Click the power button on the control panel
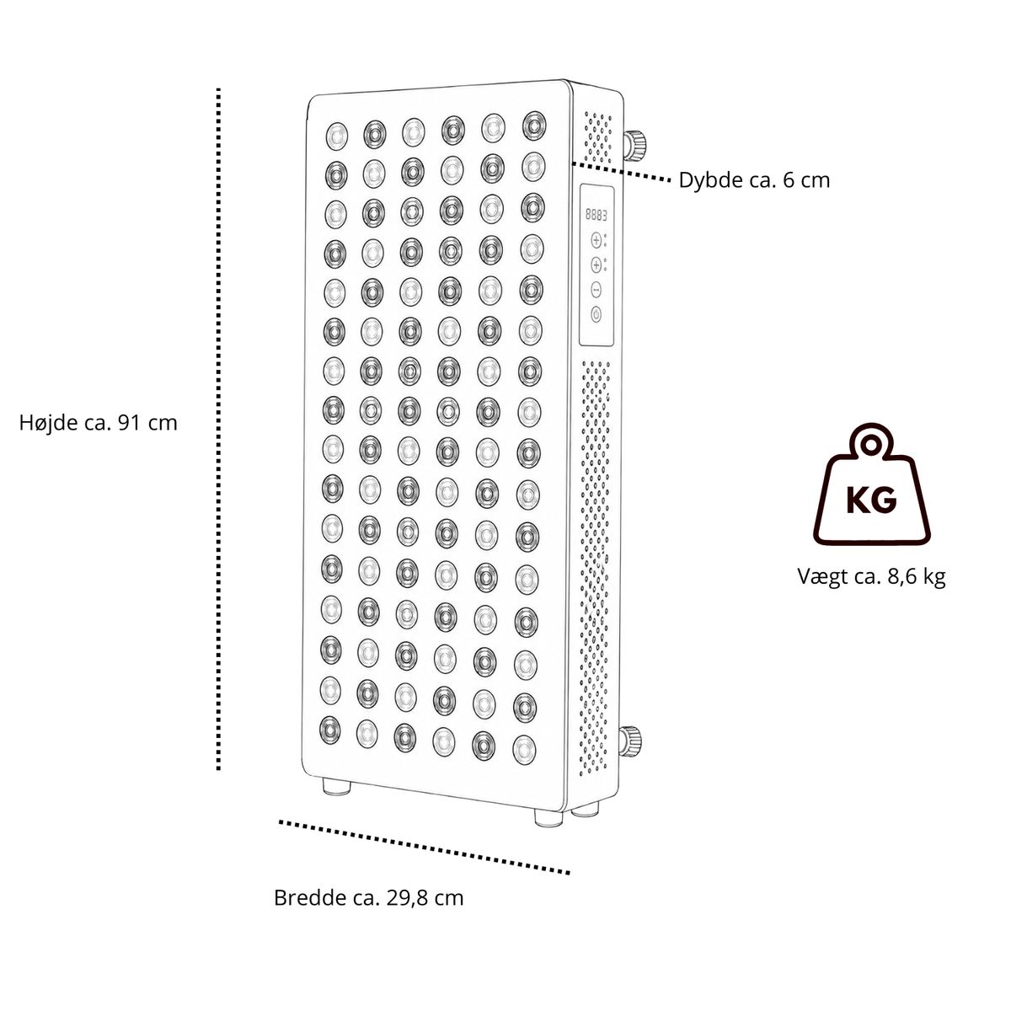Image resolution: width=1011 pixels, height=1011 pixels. (x=596, y=315)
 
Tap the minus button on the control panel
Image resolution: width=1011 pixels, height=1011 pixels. (x=596, y=289)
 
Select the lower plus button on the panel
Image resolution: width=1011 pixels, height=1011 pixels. (x=596, y=265)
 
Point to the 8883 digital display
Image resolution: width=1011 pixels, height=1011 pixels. (x=596, y=215)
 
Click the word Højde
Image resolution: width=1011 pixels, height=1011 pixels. (x=48, y=423)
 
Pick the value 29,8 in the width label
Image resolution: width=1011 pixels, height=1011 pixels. (x=406, y=898)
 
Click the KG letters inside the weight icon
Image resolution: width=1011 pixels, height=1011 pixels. (x=871, y=500)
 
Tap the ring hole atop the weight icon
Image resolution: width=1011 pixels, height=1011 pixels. (x=871, y=446)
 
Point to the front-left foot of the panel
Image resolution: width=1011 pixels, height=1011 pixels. (x=336, y=787)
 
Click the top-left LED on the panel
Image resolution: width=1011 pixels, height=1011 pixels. (x=336, y=136)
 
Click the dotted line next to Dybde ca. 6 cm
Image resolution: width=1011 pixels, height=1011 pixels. (x=621, y=172)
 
